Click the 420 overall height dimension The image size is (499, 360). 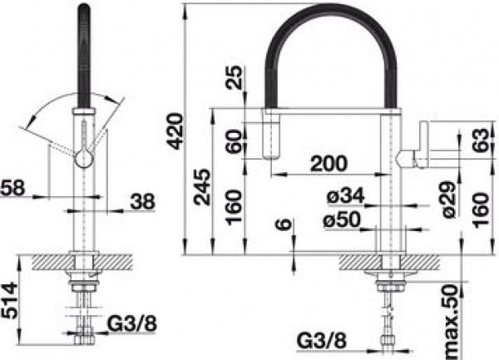(x=176, y=131)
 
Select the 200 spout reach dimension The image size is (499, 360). (x=329, y=164)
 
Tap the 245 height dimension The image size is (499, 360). (x=203, y=187)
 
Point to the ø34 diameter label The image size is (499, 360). (x=345, y=195)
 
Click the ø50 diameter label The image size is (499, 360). (x=343, y=219)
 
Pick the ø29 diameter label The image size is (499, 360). (x=450, y=200)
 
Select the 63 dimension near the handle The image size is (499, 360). (x=480, y=141)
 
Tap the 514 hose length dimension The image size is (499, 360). (x=8, y=300)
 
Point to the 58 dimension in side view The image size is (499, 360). (x=12, y=188)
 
